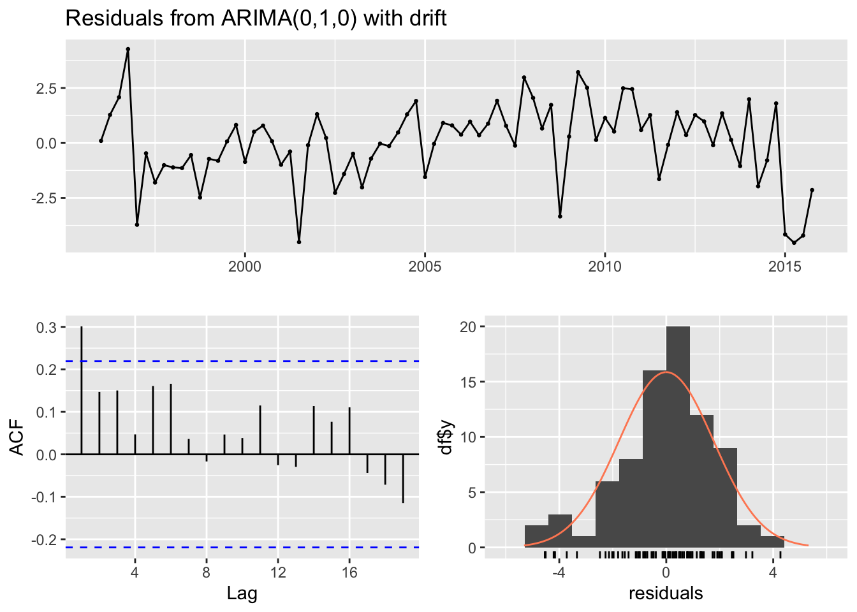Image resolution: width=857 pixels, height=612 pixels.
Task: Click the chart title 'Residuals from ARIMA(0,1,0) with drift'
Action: pyautogui.click(x=256, y=18)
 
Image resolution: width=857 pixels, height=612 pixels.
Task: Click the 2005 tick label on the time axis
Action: pyautogui.click(x=425, y=266)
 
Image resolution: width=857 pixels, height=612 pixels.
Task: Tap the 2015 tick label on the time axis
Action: pyautogui.click(x=785, y=266)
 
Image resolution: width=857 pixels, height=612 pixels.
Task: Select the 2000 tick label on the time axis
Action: pyautogui.click(x=245, y=266)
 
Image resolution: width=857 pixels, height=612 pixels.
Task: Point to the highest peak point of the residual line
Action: pyautogui.click(x=128, y=49)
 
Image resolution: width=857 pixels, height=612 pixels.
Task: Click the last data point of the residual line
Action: pyautogui.click(x=812, y=190)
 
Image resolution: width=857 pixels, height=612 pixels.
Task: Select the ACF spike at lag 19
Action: pyautogui.click(x=403, y=478)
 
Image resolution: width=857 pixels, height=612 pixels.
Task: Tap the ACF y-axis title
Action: pyautogui.click(x=18, y=437)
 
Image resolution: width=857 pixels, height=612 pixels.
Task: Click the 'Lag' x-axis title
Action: pyautogui.click(x=242, y=594)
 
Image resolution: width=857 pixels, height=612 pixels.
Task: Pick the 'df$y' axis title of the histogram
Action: pyautogui.click(x=446, y=437)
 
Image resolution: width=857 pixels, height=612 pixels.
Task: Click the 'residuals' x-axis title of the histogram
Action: pyautogui.click(x=666, y=594)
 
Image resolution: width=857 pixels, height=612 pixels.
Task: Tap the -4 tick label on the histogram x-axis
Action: pyautogui.click(x=559, y=572)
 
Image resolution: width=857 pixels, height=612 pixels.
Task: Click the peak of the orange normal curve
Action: pyautogui.click(x=666, y=372)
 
